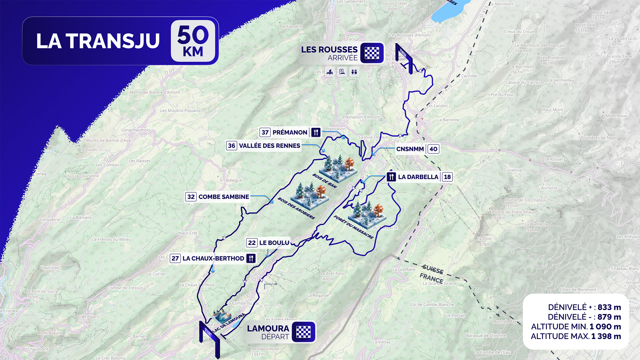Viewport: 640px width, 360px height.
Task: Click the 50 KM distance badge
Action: (x=193, y=41)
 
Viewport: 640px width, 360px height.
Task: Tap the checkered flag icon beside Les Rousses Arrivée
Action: (x=372, y=53)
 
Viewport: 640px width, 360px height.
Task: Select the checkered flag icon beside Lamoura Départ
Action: (x=303, y=332)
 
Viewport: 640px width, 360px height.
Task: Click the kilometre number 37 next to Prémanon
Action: (x=265, y=132)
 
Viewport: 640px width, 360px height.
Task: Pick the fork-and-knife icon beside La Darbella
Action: (x=391, y=177)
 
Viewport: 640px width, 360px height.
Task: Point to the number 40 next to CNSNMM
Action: (x=433, y=149)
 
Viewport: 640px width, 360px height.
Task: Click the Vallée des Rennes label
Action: (x=269, y=146)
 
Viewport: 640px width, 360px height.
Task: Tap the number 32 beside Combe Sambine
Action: (x=191, y=197)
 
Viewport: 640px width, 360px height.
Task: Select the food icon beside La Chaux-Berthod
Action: (x=251, y=258)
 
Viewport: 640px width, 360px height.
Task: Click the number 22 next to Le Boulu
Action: (x=252, y=243)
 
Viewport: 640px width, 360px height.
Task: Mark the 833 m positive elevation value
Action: (x=609, y=307)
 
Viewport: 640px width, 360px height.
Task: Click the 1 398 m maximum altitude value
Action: (x=606, y=336)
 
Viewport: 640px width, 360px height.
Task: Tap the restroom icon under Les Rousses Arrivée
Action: (x=354, y=72)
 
